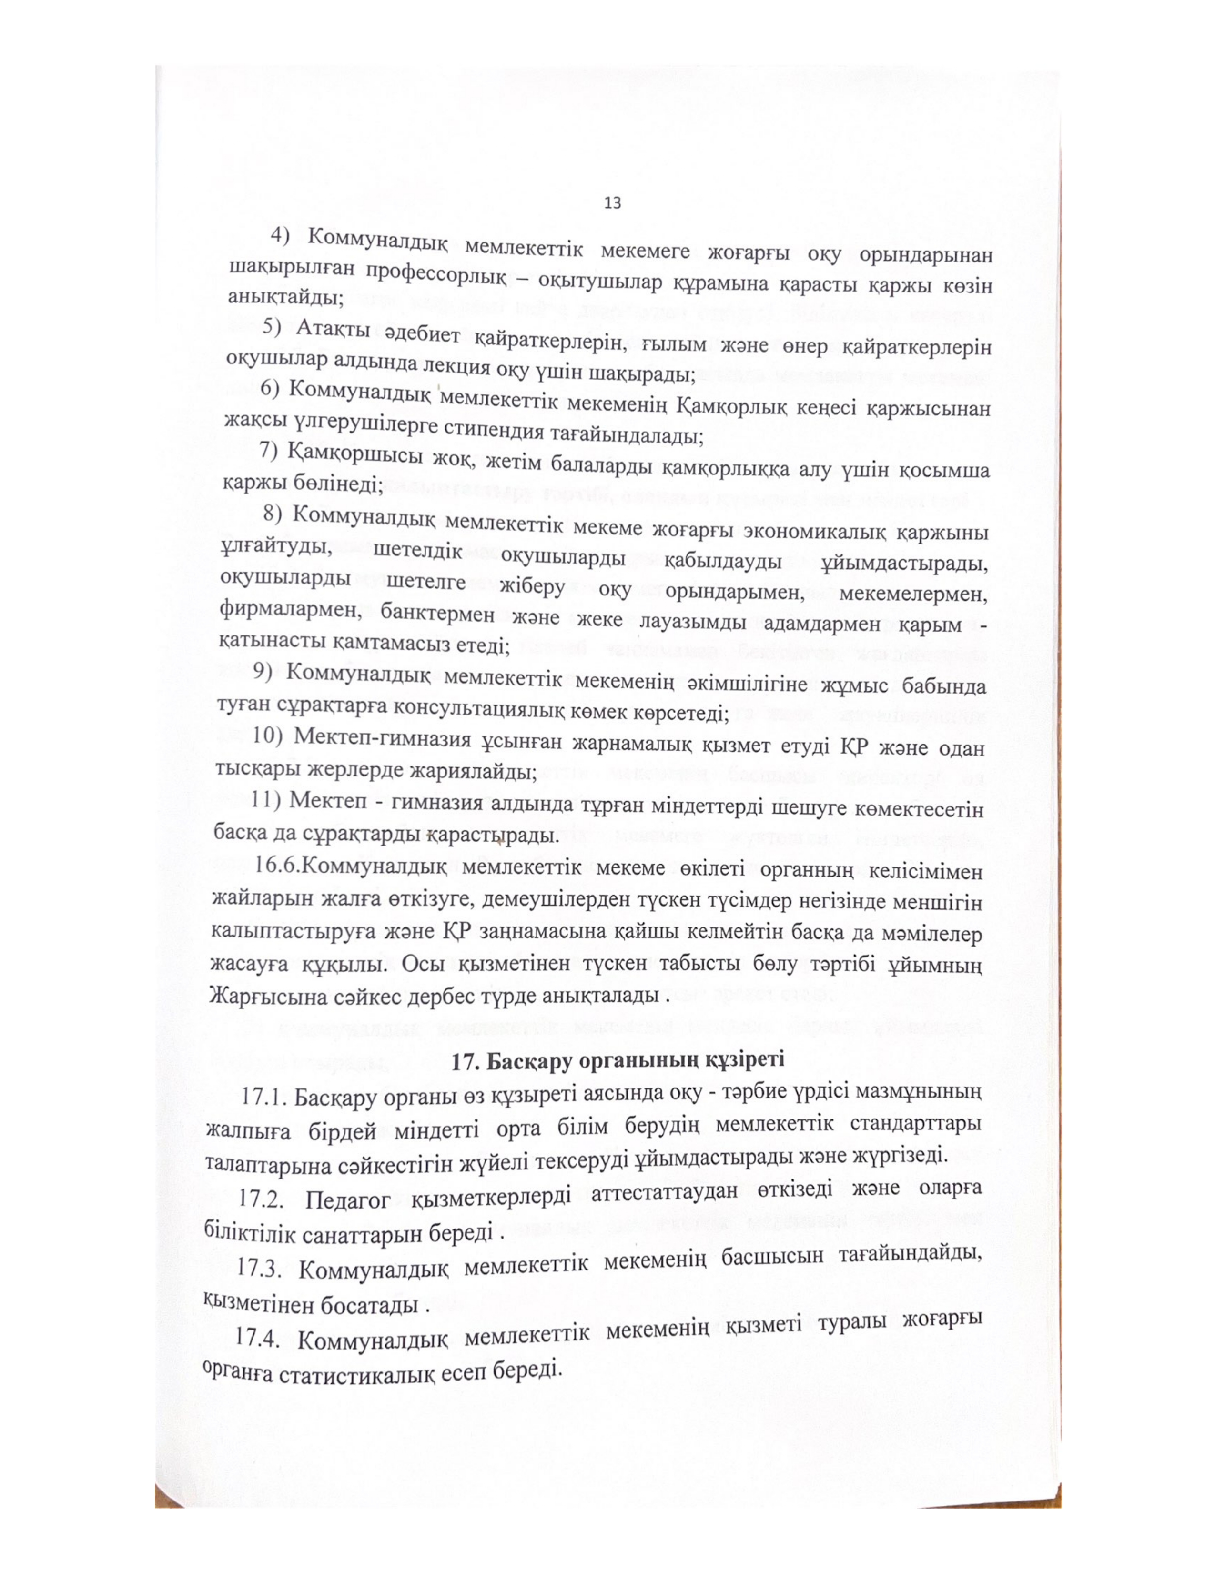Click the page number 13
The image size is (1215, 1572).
tap(613, 204)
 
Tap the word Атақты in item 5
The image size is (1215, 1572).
tap(333, 329)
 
